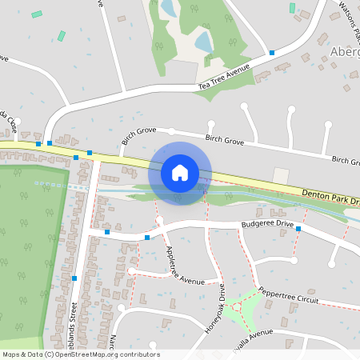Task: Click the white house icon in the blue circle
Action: [180, 172]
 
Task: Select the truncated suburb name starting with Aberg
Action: [344, 52]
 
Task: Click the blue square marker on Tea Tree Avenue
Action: [272, 53]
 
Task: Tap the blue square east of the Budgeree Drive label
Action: [298, 229]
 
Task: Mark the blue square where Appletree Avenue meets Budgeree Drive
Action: [147, 237]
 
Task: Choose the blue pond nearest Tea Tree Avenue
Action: [203, 42]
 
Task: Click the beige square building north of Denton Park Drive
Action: [281, 175]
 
